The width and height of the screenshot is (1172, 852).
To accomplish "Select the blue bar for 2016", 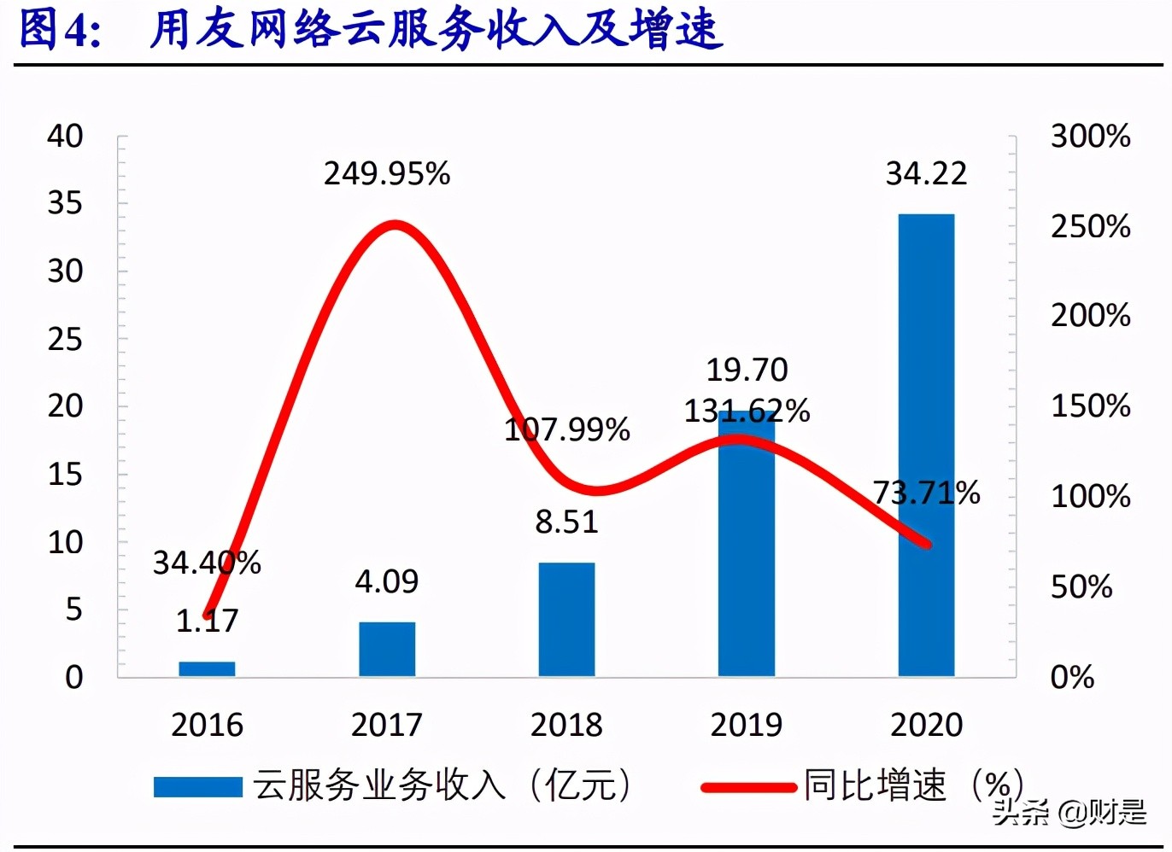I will tap(207, 668).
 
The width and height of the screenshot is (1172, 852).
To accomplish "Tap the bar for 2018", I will tap(566, 619).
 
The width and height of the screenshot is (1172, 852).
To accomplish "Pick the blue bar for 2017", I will tap(387, 649).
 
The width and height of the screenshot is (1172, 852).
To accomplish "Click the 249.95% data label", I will tap(387, 174).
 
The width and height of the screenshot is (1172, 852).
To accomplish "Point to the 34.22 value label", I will tap(926, 174).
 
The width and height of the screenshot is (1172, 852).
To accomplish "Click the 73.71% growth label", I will tap(926, 493).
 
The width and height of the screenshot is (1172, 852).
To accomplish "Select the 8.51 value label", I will tap(566, 522).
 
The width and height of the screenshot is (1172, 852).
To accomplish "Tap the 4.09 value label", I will tap(387, 581).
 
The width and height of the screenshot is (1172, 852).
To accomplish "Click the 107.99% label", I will tap(566, 429).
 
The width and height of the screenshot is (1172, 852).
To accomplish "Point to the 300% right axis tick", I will tap(1090, 136).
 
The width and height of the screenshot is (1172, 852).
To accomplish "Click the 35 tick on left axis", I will tap(65, 203).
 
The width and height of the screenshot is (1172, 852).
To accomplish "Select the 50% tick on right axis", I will tap(1081, 586).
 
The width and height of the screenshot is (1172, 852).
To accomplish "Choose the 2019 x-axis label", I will tap(746, 725).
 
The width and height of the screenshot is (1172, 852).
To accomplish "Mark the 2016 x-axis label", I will tap(207, 725).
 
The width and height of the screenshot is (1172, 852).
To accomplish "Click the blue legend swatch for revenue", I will tap(197, 785).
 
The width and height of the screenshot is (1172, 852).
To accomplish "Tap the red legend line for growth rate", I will tap(748, 786).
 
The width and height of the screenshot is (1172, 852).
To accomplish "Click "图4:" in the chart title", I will tap(60, 30).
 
